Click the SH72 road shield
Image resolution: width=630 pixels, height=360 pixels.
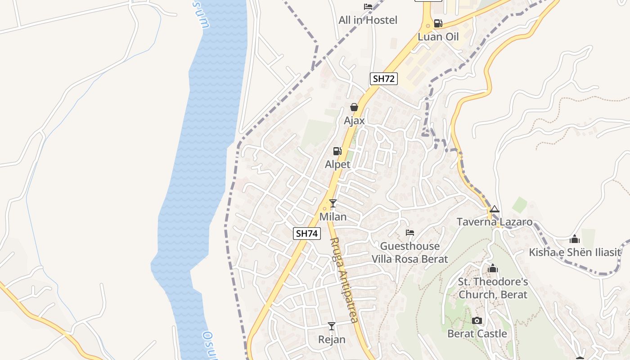pos(384,79)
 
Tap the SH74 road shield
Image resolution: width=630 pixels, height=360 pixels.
pos(307,234)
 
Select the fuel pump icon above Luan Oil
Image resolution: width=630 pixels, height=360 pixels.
pos(438,23)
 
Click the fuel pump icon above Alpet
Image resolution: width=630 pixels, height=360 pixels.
pos(337,151)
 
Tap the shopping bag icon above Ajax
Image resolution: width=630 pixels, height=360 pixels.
pos(354,107)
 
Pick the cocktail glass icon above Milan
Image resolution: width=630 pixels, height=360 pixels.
pos(333,203)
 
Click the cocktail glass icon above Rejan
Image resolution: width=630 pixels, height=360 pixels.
pos(332,326)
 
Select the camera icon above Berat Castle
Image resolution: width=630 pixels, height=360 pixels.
pos(477,320)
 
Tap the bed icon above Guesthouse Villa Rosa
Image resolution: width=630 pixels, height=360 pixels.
pos(409,233)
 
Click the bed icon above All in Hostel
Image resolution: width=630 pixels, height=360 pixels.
pos(368,7)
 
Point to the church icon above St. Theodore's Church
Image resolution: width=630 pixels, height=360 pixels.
pos(493,269)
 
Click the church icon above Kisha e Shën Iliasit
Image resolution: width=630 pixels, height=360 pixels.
pos(575,239)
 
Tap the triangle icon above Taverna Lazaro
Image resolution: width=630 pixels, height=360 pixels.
pos(495,209)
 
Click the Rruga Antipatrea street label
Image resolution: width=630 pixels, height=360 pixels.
pos(344,280)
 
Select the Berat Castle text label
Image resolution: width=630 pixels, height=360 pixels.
pos(477,334)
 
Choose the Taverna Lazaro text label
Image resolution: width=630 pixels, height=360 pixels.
pos(495,222)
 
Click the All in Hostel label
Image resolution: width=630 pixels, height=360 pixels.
pos(368,20)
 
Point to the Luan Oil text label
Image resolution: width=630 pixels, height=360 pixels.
pos(438,37)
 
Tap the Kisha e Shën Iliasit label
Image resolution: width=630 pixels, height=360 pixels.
pos(575,252)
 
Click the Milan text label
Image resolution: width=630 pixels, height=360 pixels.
pos(333,217)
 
